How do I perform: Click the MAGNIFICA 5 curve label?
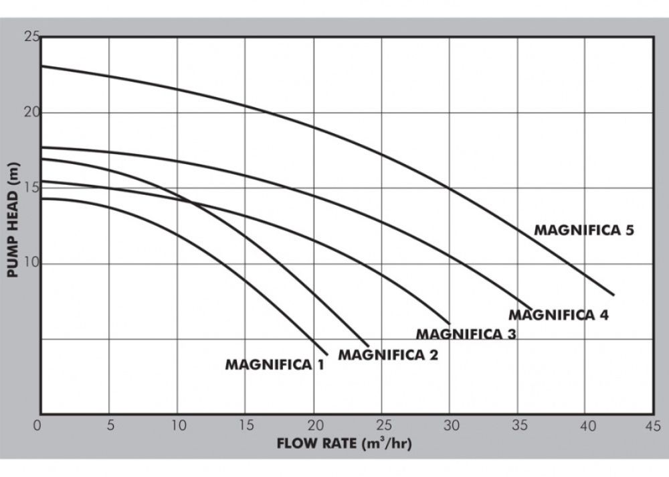click(x=583, y=230)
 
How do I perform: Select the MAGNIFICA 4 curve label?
click(x=559, y=315)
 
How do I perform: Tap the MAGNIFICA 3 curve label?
click(x=466, y=334)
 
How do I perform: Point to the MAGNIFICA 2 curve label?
click(x=388, y=354)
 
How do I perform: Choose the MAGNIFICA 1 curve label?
click(x=274, y=365)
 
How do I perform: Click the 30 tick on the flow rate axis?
click(x=450, y=425)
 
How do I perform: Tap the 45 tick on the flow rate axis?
click(x=653, y=425)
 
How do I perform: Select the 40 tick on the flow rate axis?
click(x=586, y=425)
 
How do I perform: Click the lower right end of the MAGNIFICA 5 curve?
click(x=613, y=295)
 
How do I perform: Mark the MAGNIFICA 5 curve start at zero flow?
click(x=41, y=66)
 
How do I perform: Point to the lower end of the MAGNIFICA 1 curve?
click(x=327, y=354)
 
